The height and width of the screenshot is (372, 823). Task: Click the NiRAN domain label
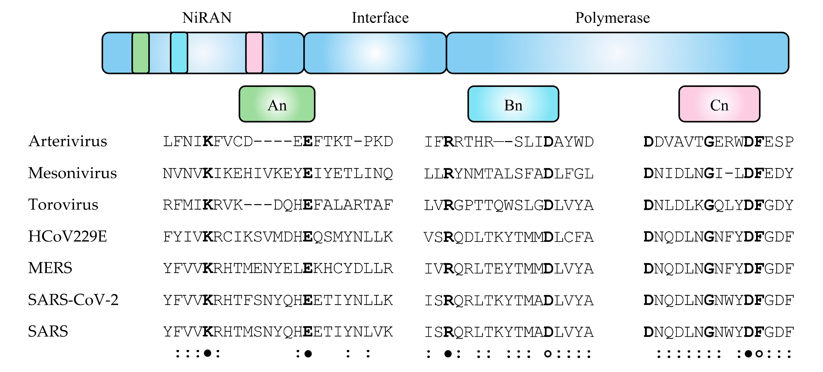[x=207, y=18]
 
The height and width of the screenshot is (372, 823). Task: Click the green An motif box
[x=277, y=104]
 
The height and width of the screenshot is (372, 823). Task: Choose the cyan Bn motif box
[x=513, y=104]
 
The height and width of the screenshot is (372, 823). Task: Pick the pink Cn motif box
[x=719, y=104]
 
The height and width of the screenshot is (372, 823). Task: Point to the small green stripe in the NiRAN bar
[x=141, y=53]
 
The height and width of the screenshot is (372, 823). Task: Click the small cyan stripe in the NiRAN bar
[x=179, y=53]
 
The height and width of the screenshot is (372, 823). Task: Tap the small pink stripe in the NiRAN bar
[x=254, y=53]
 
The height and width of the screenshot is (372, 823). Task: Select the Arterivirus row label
[x=68, y=141]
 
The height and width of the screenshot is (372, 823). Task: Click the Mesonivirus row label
[x=73, y=173]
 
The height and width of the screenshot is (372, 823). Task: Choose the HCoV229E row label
[x=67, y=236]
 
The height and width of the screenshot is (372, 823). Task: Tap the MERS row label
[x=50, y=268]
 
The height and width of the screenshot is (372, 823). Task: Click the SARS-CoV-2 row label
[x=73, y=300]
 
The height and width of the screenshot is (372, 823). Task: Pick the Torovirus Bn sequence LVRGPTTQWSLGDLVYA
[x=509, y=205]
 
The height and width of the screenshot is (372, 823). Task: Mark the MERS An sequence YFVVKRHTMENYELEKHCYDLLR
[x=278, y=268]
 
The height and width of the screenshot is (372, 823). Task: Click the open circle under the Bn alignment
[x=548, y=354]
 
